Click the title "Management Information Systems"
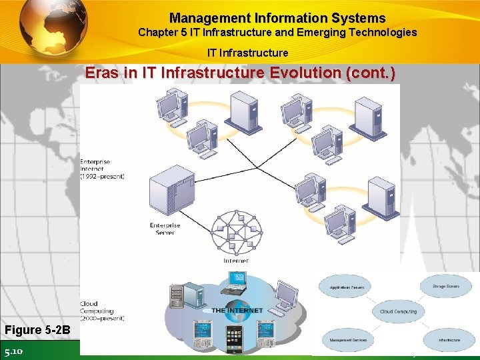[277, 18]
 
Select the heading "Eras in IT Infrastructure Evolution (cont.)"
[240, 73]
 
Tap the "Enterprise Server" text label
[165, 229]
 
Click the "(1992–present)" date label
[102, 176]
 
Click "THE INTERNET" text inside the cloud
[237, 311]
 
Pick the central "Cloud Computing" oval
[399, 311]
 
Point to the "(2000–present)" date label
[102, 318]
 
